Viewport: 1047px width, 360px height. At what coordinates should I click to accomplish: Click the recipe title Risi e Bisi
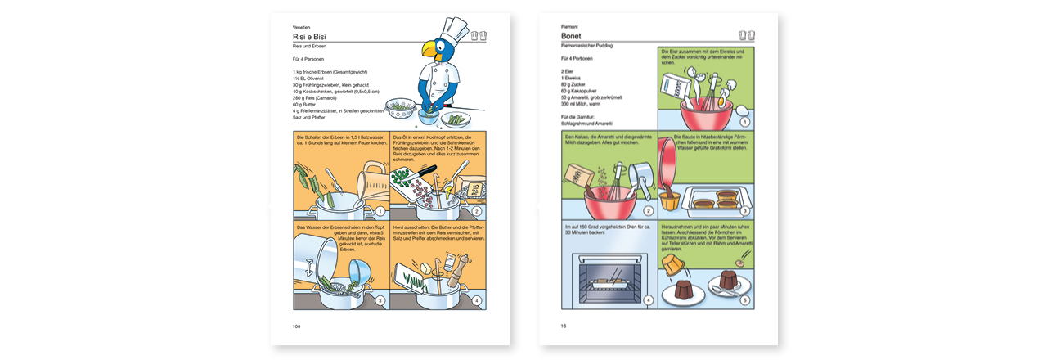(310, 37)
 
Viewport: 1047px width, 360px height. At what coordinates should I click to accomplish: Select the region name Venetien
(302, 27)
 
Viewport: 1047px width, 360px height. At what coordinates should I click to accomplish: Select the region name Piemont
(570, 27)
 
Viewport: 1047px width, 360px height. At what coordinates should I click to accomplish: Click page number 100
(297, 326)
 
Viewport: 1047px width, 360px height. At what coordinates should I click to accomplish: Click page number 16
(564, 326)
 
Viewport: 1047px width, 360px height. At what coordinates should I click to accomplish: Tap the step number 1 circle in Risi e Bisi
(380, 211)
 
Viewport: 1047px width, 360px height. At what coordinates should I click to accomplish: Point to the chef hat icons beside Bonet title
(746, 36)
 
